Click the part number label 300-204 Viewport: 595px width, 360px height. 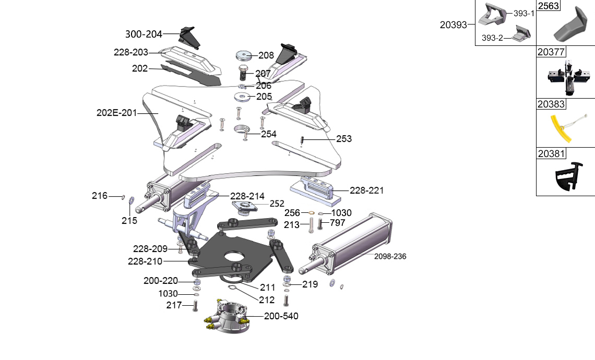144,34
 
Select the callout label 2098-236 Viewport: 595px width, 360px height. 390,256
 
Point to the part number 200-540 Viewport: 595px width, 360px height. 281,316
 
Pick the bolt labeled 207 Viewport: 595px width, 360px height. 243,73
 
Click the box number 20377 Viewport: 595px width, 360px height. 551,52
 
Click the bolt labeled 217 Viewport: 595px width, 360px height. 196,306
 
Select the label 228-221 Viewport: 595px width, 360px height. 366,190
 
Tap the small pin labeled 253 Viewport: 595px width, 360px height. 302,140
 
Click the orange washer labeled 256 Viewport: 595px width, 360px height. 311,213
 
